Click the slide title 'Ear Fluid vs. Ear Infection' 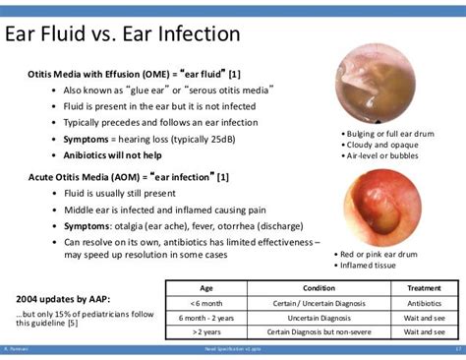pos(122,35)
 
